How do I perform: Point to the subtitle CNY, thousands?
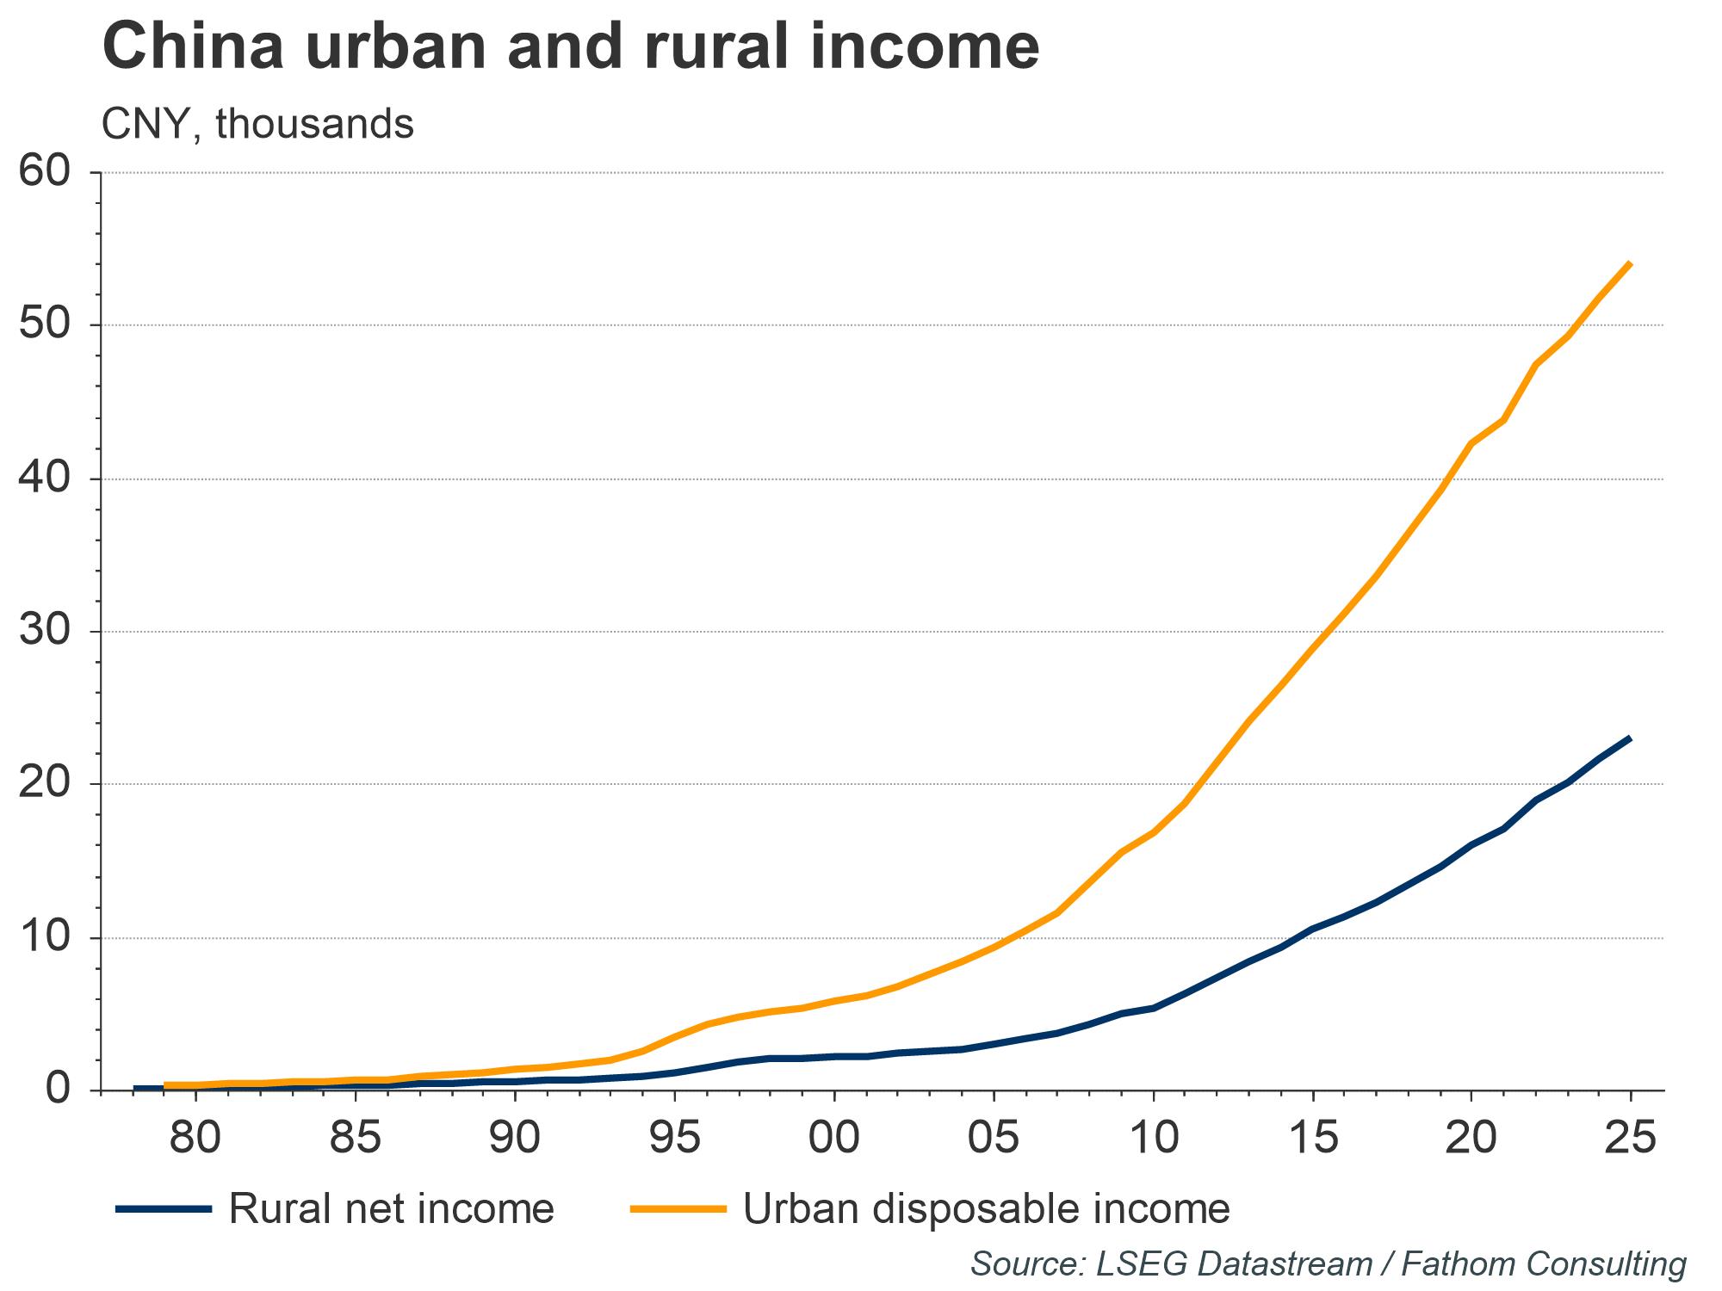click(x=257, y=125)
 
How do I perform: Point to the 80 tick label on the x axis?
click(x=195, y=1139)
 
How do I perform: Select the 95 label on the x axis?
click(x=674, y=1139)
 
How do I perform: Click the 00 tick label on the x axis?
click(x=833, y=1139)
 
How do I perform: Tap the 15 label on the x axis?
click(x=1312, y=1139)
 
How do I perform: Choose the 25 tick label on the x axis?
click(x=1631, y=1139)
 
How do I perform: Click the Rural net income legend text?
click(x=391, y=1209)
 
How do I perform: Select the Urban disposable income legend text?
click(x=986, y=1209)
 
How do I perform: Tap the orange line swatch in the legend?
click(x=679, y=1209)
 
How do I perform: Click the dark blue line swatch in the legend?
click(x=164, y=1209)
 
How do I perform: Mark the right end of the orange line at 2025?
click(x=1630, y=264)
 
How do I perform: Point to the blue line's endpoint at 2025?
click(x=1630, y=738)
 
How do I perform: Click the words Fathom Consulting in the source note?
click(x=1543, y=1263)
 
